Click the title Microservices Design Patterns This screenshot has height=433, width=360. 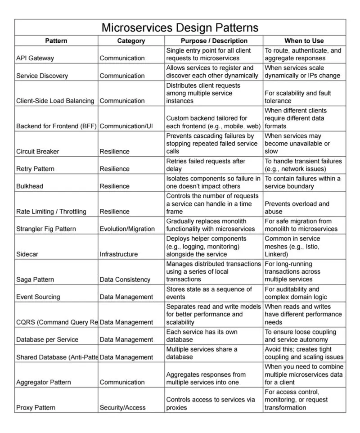pyautogui.click(x=180, y=27)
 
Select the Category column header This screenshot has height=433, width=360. pyautogui.click(x=131, y=41)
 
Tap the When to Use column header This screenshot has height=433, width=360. pyautogui.click(x=304, y=41)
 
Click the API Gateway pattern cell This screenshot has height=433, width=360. pyautogui.click(x=35, y=58)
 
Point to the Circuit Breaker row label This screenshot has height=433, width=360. pyautogui.click(x=38, y=152)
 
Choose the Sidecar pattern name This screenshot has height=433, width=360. pyautogui.click(x=27, y=254)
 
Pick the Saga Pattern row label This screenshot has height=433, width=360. pyautogui.click(x=35, y=280)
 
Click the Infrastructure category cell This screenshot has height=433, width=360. pyautogui.click(x=119, y=254)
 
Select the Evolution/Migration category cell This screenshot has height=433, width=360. pyautogui.click(x=127, y=229)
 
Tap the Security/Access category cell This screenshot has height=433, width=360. pyautogui.click(x=123, y=408)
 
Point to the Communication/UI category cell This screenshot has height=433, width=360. pyautogui.click(x=126, y=126)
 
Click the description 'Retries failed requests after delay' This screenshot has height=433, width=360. pyautogui.click(x=206, y=165)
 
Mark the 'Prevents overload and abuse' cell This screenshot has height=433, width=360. pyautogui.click(x=297, y=207)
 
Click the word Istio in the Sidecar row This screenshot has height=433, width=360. pyautogui.click(x=329, y=247)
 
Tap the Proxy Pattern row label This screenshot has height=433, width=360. pyautogui.click(x=36, y=408)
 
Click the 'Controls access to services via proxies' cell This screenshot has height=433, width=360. pyautogui.click(x=211, y=404)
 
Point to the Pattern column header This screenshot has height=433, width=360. pyautogui.click(x=56, y=41)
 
